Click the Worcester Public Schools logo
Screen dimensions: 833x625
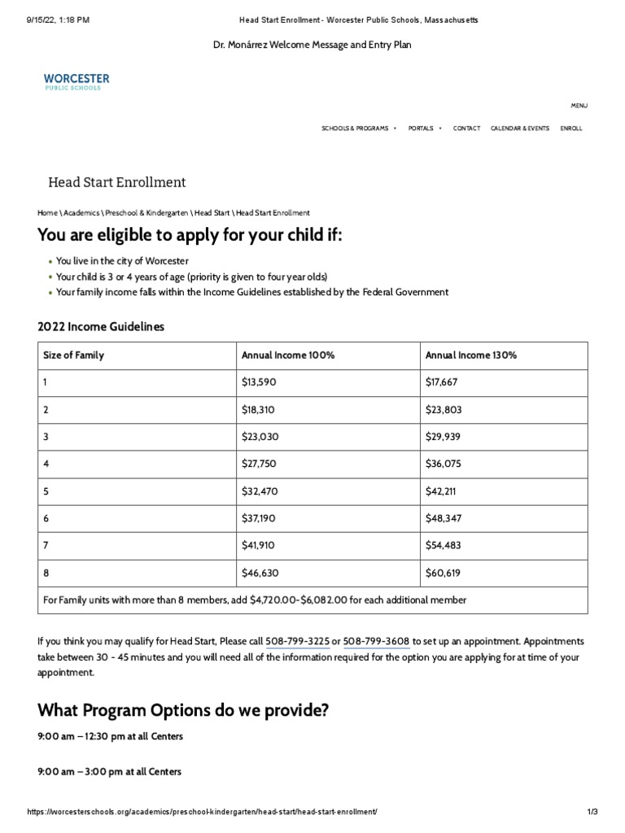[76, 81]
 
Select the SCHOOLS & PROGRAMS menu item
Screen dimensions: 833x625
[355, 129]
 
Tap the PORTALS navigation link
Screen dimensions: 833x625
[421, 129]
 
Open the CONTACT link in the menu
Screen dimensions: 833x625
[466, 129]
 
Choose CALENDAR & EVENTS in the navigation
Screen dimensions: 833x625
[520, 129]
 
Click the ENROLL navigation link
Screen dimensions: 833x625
[571, 129]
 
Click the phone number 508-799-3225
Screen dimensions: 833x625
[297, 641]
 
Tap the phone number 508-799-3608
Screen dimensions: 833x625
[376, 641]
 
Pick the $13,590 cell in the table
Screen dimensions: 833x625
[260, 382]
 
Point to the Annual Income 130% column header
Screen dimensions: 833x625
[471, 355]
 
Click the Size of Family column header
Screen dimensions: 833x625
[74, 355]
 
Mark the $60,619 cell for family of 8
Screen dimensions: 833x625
[443, 573]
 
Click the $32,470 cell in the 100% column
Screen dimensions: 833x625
[260, 491]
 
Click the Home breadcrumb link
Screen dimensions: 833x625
[47, 212]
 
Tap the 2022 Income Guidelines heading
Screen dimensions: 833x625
[101, 326]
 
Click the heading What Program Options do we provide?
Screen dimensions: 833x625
[183, 710]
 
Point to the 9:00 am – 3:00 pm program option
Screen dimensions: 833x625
[110, 771]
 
